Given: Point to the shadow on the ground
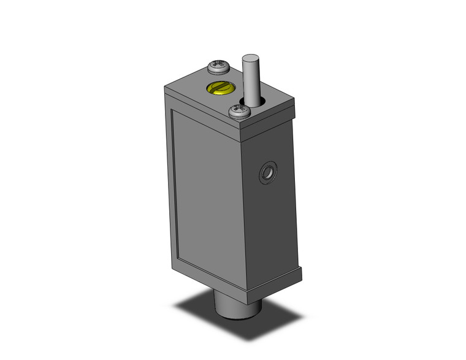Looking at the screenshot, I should (202, 310).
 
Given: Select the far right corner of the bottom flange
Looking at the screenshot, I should (304, 270).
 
